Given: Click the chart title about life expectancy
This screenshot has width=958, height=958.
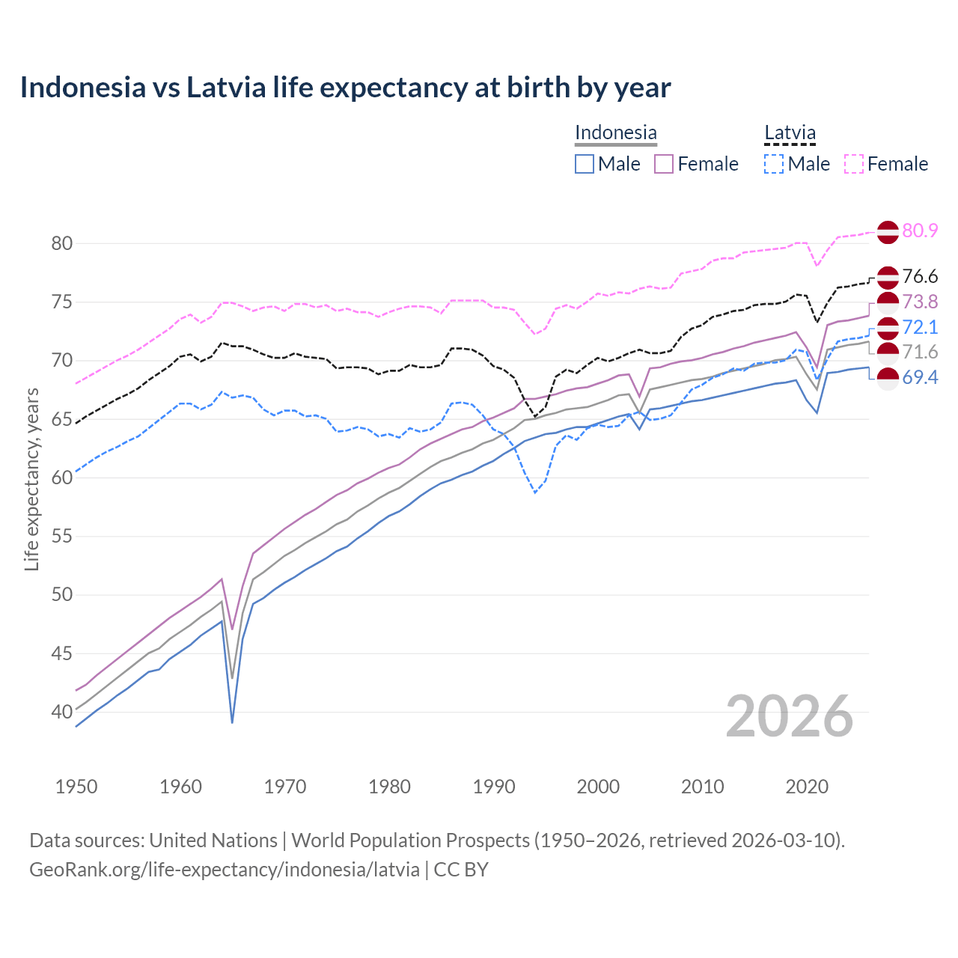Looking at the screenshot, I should [x=345, y=88].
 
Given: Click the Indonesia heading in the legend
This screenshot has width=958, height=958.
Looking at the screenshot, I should [x=615, y=132].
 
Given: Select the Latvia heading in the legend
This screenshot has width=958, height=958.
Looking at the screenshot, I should [x=790, y=132].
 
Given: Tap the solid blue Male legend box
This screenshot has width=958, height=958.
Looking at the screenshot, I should [x=585, y=164].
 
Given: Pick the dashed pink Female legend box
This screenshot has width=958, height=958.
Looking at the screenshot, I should [x=854, y=164].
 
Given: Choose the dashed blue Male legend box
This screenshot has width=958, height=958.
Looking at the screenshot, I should [x=774, y=164].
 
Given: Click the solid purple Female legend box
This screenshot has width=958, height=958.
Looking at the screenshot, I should [x=664, y=164].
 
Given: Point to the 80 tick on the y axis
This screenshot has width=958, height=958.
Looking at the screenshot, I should [x=61, y=243].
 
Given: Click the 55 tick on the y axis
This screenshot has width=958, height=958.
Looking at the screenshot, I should [x=61, y=537].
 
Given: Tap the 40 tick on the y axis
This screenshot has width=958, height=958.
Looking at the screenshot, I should [x=61, y=712].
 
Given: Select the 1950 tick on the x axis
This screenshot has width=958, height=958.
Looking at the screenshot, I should [x=76, y=787].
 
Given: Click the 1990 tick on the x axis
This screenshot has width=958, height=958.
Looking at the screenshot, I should [x=494, y=787].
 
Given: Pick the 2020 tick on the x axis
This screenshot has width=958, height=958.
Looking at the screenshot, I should [x=807, y=787].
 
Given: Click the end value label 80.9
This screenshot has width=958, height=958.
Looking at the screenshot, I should [x=920, y=231].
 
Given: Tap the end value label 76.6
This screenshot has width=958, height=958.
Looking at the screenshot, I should [x=920, y=277].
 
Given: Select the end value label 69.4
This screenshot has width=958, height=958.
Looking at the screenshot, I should [x=920, y=377].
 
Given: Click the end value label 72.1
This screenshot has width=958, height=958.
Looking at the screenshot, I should [x=920, y=327].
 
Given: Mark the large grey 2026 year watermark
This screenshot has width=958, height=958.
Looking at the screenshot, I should [x=790, y=716].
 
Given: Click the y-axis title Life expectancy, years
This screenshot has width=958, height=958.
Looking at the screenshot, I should [x=32, y=479].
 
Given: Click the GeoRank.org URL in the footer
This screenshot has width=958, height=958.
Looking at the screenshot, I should [x=225, y=870].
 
